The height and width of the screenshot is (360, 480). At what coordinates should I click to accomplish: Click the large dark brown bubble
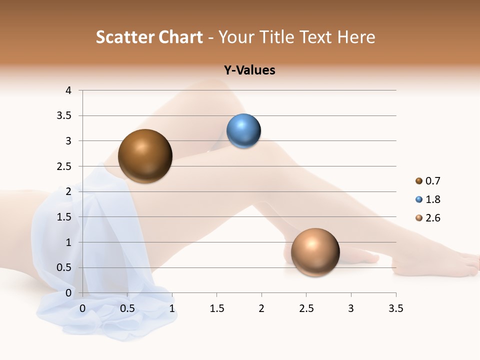[x=145, y=156]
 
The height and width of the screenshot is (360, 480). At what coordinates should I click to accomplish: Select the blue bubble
[x=243, y=131]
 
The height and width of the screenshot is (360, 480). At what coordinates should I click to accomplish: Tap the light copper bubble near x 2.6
[x=315, y=252]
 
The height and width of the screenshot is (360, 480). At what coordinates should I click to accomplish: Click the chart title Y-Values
[x=249, y=70]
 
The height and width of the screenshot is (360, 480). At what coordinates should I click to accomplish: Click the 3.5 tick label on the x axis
[x=395, y=308]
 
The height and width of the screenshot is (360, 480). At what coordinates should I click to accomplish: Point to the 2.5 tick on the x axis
[x=306, y=308]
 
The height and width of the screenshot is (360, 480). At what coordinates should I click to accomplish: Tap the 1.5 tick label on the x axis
[x=216, y=308]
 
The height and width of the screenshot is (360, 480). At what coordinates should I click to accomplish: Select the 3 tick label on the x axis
[x=351, y=308]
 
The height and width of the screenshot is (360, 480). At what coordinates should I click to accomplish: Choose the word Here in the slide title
[x=355, y=37]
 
